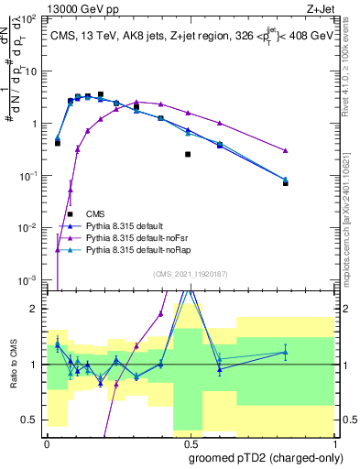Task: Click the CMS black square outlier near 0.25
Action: click(188, 154)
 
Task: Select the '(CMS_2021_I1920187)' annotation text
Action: click(190, 272)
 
